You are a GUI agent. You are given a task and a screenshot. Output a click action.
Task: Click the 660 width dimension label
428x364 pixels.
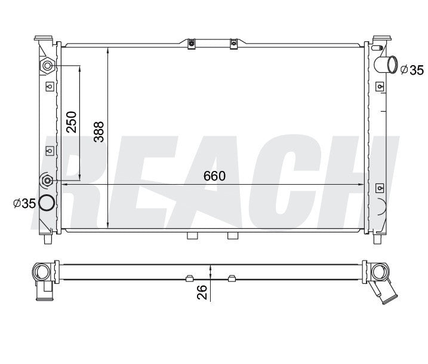coord(214,176)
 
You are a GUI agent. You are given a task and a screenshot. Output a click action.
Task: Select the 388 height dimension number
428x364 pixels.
coord(99,131)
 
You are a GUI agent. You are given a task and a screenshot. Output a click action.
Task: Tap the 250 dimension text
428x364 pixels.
coord(72,122)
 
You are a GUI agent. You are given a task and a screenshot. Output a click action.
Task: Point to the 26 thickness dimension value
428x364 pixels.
coord(202,292)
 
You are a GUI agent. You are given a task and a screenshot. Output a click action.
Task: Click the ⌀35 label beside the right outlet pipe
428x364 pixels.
coord(412,71)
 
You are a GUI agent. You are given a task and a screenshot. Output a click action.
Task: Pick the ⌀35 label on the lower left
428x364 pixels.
coord(24,203)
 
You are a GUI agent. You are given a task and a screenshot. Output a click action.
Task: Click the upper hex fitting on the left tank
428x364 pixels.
coord(48,66)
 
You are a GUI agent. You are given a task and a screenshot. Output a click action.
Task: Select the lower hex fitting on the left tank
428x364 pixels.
coord(48,180)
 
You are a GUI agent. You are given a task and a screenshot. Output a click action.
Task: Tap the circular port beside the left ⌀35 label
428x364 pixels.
coord(47,203)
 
